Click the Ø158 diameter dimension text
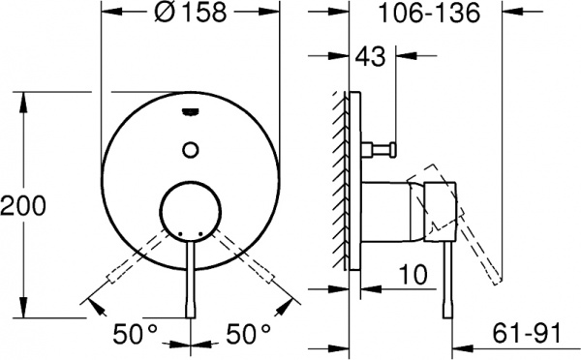pyautogui.click(x=193, y=15)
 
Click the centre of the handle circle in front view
pyautogui.click(x=192, y=211)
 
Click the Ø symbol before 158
pyautogui.click(x=167, y=15)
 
